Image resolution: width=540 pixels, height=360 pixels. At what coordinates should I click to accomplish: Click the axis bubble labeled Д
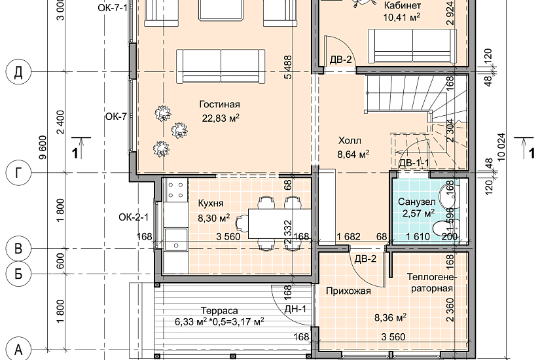18,72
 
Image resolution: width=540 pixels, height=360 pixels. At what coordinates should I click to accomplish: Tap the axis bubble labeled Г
18,172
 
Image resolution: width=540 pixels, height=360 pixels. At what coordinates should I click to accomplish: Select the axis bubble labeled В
18,248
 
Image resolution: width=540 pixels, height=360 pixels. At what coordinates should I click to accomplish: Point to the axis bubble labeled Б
18,274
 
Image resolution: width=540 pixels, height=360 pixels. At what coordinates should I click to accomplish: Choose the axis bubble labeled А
18,350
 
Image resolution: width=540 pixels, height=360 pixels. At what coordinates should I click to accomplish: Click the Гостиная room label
219,104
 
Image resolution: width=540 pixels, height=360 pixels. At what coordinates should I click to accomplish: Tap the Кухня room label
211,204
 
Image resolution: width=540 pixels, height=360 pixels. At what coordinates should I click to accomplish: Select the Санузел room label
417,202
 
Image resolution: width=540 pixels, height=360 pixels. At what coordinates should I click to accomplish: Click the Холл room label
350,141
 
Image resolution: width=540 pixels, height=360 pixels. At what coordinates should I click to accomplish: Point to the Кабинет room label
402,5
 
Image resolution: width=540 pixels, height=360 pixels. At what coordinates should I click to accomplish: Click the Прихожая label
348,291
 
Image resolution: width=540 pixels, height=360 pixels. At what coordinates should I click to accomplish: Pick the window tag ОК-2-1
134,217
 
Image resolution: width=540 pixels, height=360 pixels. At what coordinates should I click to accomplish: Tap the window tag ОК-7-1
113,9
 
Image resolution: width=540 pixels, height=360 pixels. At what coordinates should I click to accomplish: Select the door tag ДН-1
295,310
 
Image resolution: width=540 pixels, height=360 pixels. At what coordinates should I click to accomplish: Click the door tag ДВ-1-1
414,162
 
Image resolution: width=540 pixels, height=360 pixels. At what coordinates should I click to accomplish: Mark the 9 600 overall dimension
43,147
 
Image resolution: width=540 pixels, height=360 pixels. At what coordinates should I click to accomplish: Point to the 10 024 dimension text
501,147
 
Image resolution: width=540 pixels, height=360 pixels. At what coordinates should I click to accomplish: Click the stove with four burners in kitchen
175,190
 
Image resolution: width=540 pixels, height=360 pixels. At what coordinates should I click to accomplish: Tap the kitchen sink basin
176,240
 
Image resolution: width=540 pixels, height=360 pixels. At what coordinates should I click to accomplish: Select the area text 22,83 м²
221,118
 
